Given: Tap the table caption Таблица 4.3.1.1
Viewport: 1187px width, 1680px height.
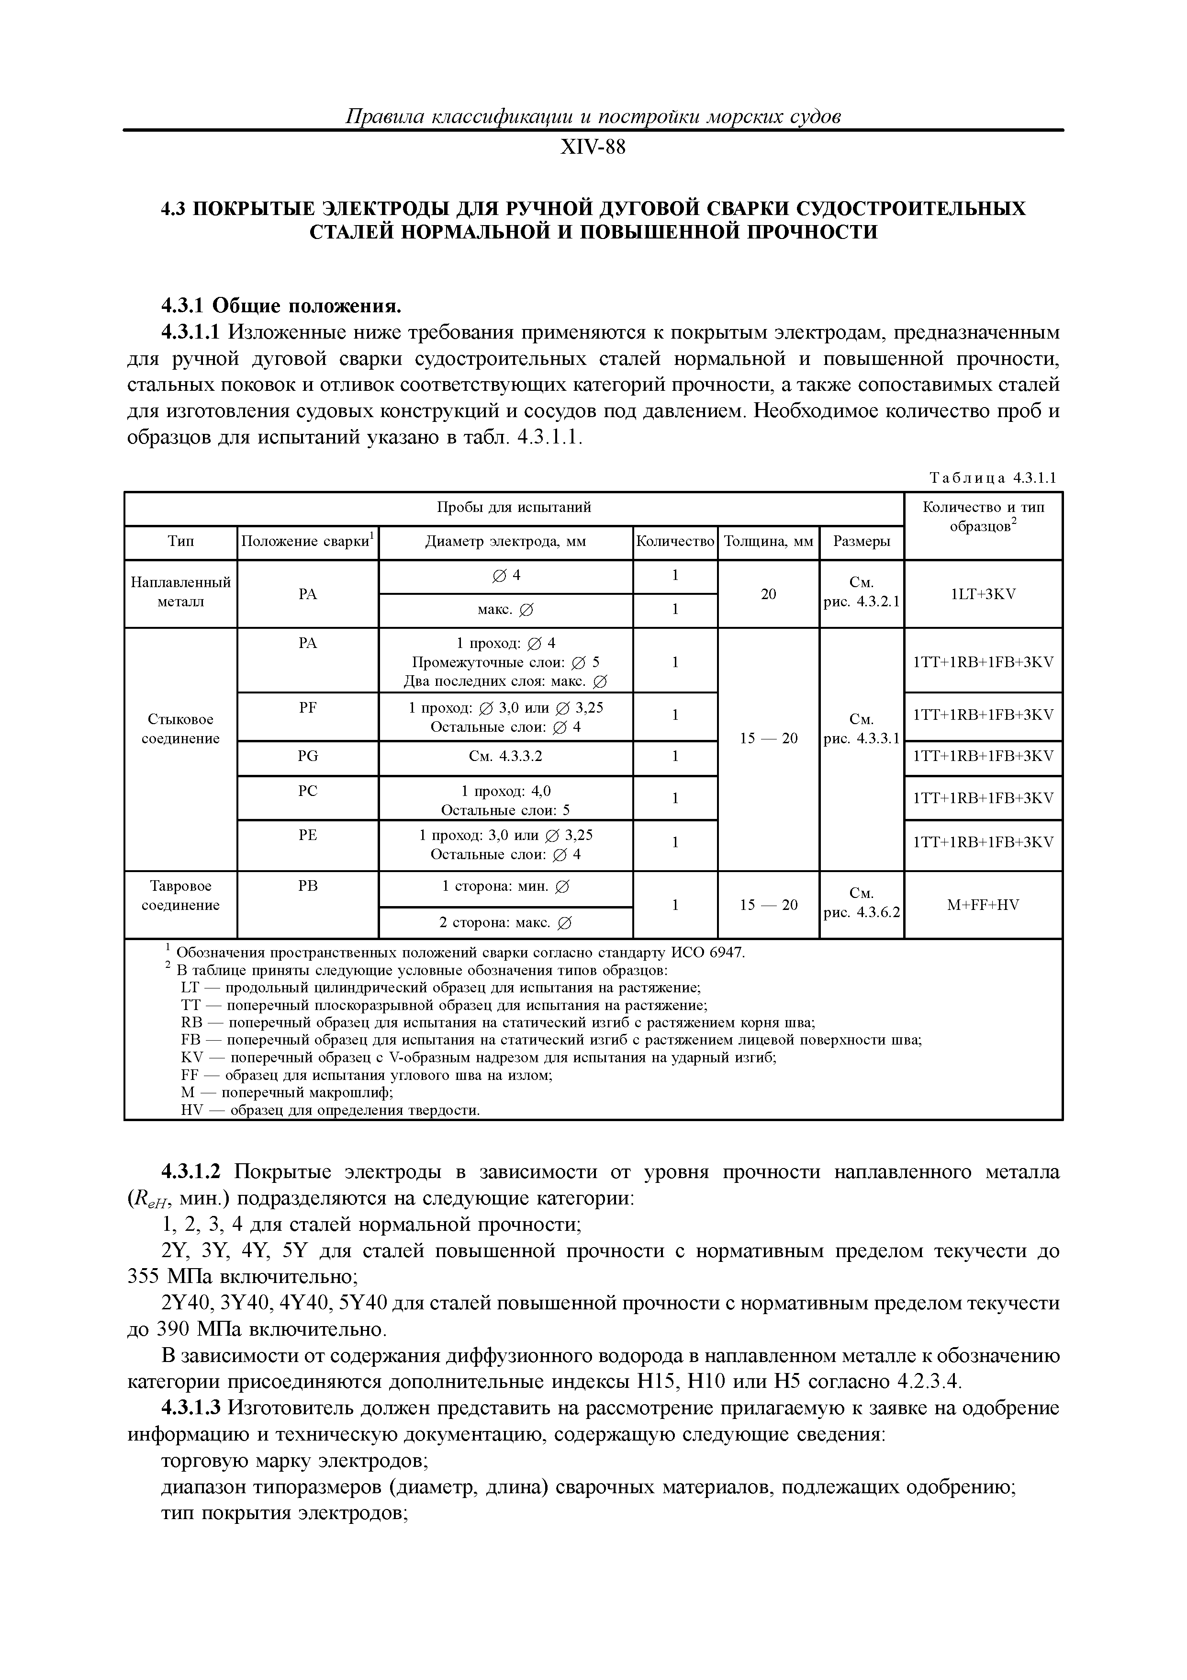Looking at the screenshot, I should pos(993,478).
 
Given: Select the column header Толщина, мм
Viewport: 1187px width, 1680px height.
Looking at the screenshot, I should pos(768,542).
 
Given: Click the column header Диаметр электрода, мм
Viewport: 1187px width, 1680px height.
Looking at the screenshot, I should pos(505,542).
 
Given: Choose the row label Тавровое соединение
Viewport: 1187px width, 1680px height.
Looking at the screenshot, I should pos(180,896).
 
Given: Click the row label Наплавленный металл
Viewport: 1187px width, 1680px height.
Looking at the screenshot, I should pos(180,592).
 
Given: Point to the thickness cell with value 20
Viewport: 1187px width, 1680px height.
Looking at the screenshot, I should pos(768,594).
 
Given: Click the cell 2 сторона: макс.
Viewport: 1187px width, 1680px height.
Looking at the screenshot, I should pos(505,923).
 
